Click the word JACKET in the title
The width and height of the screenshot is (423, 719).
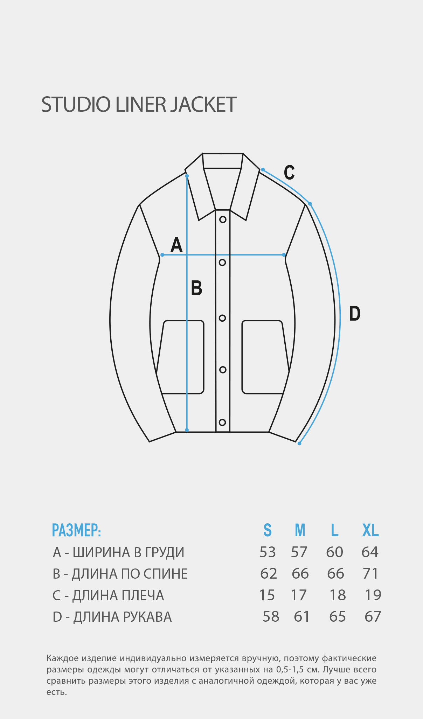pyautogui.click(x=203, y=104)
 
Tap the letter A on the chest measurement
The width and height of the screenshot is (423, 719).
pyautogui.click(x=176, y=245)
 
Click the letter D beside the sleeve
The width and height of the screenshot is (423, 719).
pyautogui.click(x=355, y=313)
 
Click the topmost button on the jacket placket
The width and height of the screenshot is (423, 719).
pyautogui.click(x=223, y=219)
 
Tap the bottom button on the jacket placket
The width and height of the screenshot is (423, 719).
pyautogui.click(x=222, y=422)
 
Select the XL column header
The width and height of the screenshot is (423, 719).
pyautogui.click(x=370, y=530)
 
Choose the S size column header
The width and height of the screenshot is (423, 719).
pyautogui.click(x=268, y=530)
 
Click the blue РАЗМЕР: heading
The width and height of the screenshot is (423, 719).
pyautogui.click(x=76, y=530)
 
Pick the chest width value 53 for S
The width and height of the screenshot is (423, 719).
pyautogui.click(x=268, y=552)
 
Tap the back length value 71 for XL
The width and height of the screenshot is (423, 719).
pyautogui.click(x=371, y=573)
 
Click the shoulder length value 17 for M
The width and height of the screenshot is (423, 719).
pyautogui.click(x=299, y=595)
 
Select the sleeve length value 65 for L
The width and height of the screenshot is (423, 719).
pyautogui.click(x=338, y=616)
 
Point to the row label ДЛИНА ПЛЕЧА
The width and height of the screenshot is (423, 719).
pyautogui.click(x=118, y=595)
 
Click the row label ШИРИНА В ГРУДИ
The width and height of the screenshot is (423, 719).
pyautogui.click(x=129, y=552)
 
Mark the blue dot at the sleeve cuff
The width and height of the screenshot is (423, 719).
pyautogui.click(x=299, y=444)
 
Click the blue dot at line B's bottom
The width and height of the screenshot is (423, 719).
pyautogui.click(x=187, y=430)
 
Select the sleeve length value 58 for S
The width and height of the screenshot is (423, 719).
pyautogui.click(x=271, y=616)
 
